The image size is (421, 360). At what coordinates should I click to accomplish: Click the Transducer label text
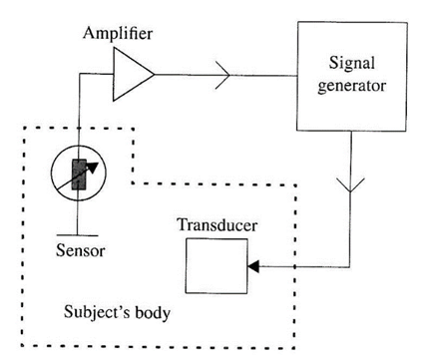coord(218,226)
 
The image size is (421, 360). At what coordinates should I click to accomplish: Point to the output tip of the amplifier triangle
coord(155,74)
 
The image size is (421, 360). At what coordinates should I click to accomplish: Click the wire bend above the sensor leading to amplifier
coord(76,74)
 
